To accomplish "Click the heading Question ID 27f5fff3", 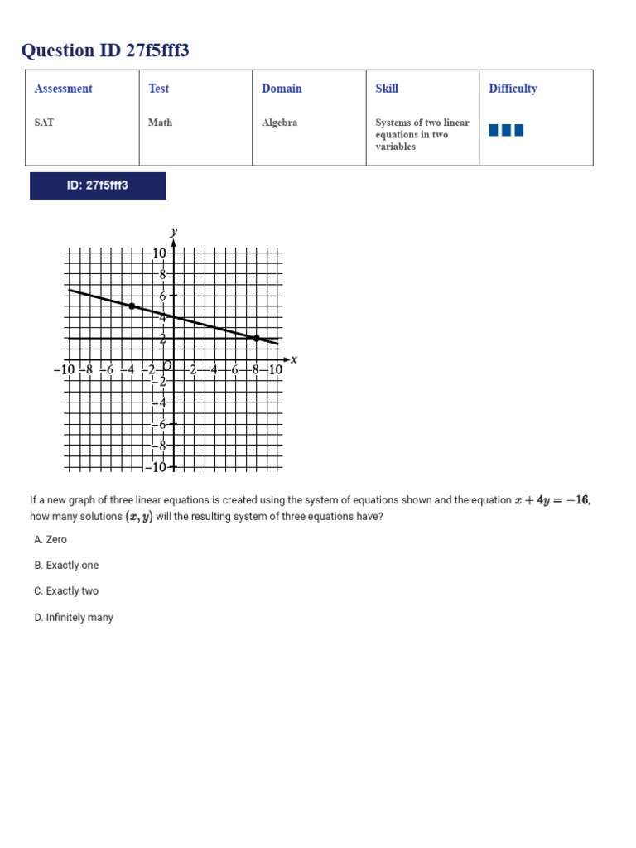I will click(105, 51).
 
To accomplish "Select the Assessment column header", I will click(64, 89).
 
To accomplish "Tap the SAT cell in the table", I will click(45, 123).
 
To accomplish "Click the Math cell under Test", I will click(161, 123).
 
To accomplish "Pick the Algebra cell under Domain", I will click(279, 123).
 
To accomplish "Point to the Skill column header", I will click(387, 89).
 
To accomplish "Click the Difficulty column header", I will click(513, 89).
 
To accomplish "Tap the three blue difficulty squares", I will click(506, 130).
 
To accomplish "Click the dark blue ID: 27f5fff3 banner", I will click(98, 185).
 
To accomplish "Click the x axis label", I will click(294, 359).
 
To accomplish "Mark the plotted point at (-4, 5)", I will click(131, 306).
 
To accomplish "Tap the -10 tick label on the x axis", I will click(64, 370).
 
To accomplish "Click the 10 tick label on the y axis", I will click(159, 253).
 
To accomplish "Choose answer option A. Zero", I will click(51, 539).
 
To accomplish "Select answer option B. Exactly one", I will click(66, 566).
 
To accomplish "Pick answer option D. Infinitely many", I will click(74, 618).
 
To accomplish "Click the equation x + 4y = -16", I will click(552, 500).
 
